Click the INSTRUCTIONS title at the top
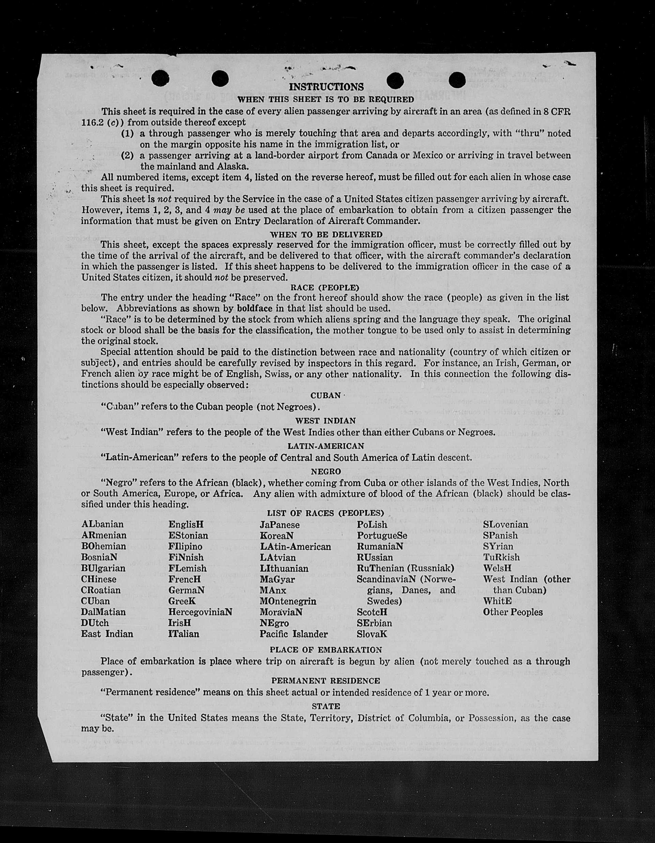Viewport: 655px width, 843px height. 326,87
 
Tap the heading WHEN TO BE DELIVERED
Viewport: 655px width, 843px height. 326,234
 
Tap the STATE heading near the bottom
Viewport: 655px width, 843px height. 326,706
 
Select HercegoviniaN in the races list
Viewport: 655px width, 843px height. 200,612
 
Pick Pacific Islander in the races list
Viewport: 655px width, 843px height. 293,634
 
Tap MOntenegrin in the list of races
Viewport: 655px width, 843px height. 288,601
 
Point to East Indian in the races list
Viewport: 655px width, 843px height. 107,634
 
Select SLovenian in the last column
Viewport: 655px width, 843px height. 505,524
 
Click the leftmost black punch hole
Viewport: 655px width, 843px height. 161,79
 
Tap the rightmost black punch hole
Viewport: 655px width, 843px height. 457,80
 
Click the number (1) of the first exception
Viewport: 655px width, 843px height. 127,133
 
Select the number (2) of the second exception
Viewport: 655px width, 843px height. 127,156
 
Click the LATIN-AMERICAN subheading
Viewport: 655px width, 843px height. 326,446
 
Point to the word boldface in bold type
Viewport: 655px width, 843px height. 255,309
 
